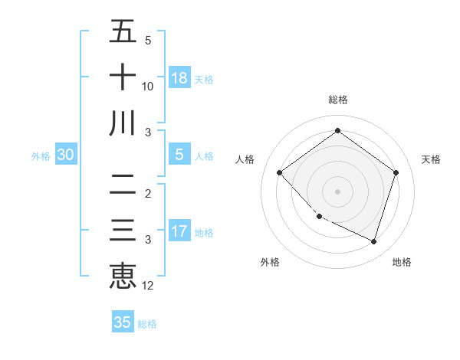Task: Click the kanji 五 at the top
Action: pyautogui.click(x=123, y=31)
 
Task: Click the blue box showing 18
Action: pyautogui.click(x=179, y=77)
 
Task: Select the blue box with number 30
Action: pyautogui.click(x=65, y=155)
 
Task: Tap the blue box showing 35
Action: pyautogui.click(x=123, y=322)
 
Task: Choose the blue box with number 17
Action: pyautogui.click(x=179, y=231)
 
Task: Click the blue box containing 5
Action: pyautogui.click(x=179, y=155)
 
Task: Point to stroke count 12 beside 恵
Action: pyautogui.click(x=148, y=286)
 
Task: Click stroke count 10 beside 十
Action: pyautogui.click(x=148, y=87)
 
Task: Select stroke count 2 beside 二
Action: pyautogui.click(x=148, y=194)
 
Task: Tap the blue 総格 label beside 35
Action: pyautogui.click(x=147, y=324)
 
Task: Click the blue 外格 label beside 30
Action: pyautogui.click(x=41, y=156)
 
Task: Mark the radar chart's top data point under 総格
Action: pyautogui.click(x=337, y=131)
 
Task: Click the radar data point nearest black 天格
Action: pyautogui.click(x=396, y=172)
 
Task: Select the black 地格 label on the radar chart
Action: pyautogui.click(x=402, y=263)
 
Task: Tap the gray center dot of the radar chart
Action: pyautogui.click(x=337, y=191)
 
